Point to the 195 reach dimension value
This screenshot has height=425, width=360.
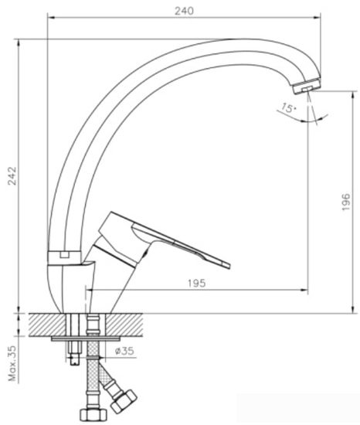[196, 284]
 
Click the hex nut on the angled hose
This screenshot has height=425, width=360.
[122, 402]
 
